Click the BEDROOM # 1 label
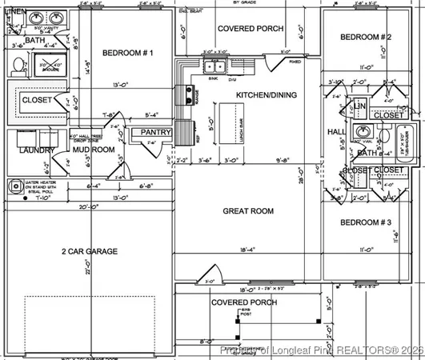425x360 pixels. [x=127, y=54]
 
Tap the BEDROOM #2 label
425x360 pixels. [x=365, y=38]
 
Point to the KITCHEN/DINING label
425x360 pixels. [x=267, y=95]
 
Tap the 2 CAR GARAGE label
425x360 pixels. [x=90, y=251]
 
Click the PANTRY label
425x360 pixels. [x=156, y=132]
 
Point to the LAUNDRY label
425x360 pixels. [x=38, y=150]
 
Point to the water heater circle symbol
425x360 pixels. [x=14, y=186]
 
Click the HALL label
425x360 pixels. [x=336, y=131]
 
